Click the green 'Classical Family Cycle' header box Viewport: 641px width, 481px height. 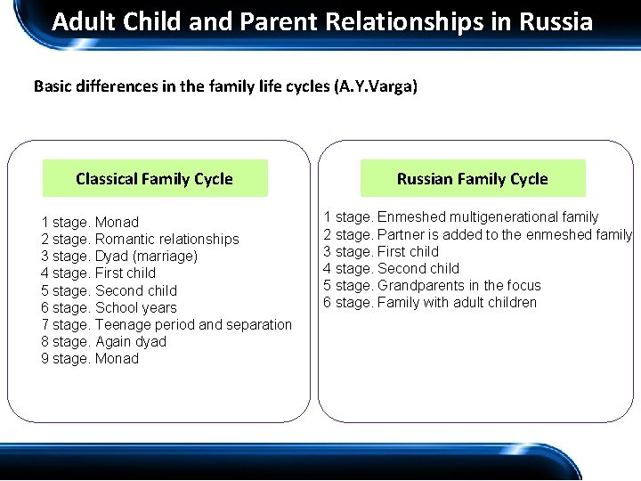pos(155,178)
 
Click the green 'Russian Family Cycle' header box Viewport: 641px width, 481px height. pos(473,178)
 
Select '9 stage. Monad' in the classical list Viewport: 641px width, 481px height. pos(90,358)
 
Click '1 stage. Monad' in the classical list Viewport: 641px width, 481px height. pos(90,222)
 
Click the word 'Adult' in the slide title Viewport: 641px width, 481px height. pos(80,21)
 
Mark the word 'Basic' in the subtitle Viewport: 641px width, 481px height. pos(52,86)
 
